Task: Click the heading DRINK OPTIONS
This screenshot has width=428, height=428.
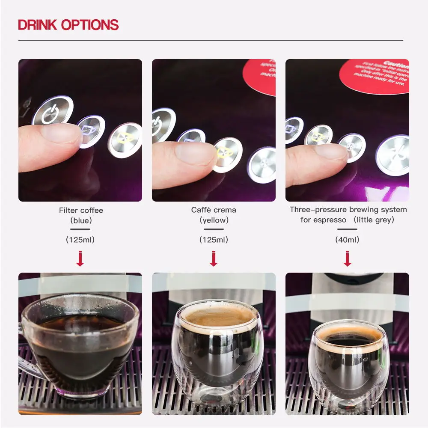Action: pos(68,24)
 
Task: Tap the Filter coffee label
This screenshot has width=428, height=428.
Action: pos(81,210)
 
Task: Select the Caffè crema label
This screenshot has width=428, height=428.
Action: pos(214,210)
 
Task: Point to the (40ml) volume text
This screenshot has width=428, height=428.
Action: pos(347,240)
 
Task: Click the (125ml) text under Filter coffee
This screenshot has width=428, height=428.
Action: pos(80,240)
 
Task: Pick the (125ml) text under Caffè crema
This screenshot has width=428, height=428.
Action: pos(214,240)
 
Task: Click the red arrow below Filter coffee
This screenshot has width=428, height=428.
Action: pos(80,259)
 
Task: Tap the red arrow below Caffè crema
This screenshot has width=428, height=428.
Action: pos(214,259)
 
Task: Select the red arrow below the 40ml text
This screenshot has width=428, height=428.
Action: pos(347,259)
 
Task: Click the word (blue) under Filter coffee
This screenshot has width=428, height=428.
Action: pos(81,221)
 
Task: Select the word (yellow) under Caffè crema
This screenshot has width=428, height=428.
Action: pos(214,221)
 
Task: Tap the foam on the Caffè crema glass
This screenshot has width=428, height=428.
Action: pos(213,317)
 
